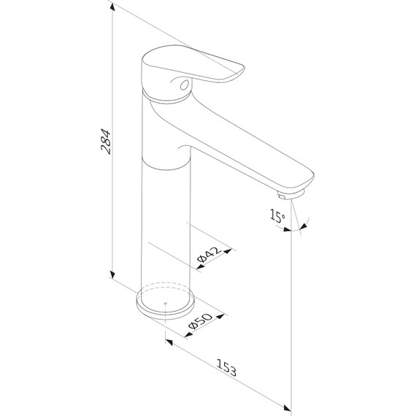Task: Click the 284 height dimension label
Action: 106,142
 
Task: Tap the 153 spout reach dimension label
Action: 226,367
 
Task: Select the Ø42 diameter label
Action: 209,255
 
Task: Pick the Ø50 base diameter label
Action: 200,321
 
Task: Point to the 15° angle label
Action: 277,215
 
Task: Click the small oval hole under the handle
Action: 184,85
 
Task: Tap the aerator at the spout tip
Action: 291,194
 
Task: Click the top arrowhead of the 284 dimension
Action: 112,7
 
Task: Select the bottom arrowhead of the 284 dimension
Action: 112,275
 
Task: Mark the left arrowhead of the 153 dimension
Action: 169,342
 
